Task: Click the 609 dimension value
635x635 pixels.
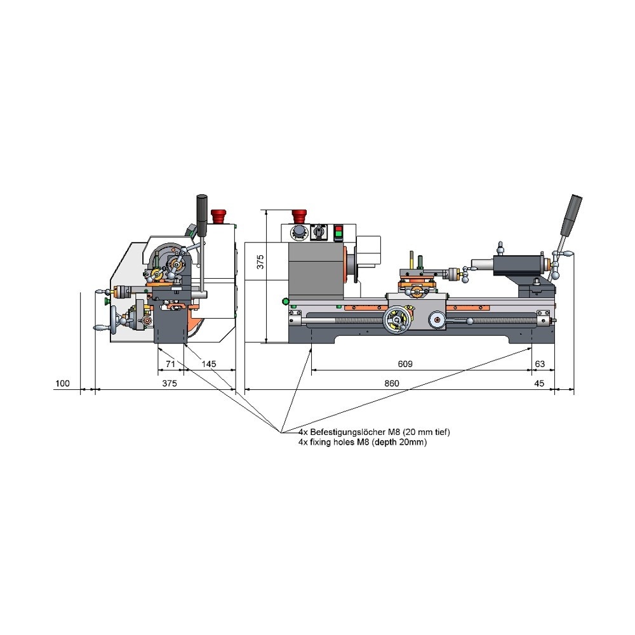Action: tap(405, 364)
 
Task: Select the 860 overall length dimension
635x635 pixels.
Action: tap(392, 383)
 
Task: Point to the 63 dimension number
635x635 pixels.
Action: tap(540, 364)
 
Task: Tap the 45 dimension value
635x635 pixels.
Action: tap(539, 383)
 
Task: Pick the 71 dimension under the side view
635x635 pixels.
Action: tap(170, 364)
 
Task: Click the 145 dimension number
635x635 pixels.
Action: tap(209, 364)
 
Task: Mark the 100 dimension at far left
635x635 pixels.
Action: tap(62, 383)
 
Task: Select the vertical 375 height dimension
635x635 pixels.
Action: tap(260, 262)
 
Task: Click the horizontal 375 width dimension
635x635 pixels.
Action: tap(170, 383)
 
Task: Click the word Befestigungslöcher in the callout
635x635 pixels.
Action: tap(345, 432)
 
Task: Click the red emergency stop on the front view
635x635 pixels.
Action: tap(299, 216)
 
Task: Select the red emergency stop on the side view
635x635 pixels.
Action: tap(218, 216)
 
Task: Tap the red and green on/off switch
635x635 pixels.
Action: tap(338, 233)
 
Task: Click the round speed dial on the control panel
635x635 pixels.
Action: tap(299, 232)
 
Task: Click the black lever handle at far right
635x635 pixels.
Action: tap(571, 215)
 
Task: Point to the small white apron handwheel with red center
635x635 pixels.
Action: tap(437, 319)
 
